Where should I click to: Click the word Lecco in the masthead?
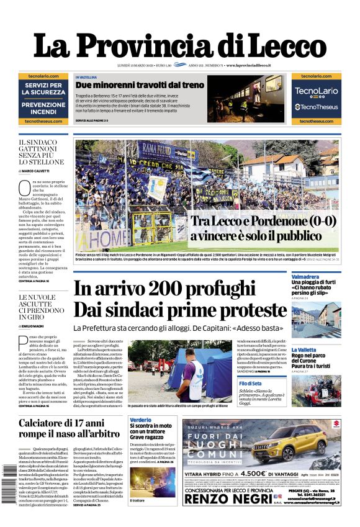click(281, 45)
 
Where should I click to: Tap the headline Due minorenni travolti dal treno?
click(140, 85)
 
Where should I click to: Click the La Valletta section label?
click(322, 349)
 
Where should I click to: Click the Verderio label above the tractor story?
click(140, 420)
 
